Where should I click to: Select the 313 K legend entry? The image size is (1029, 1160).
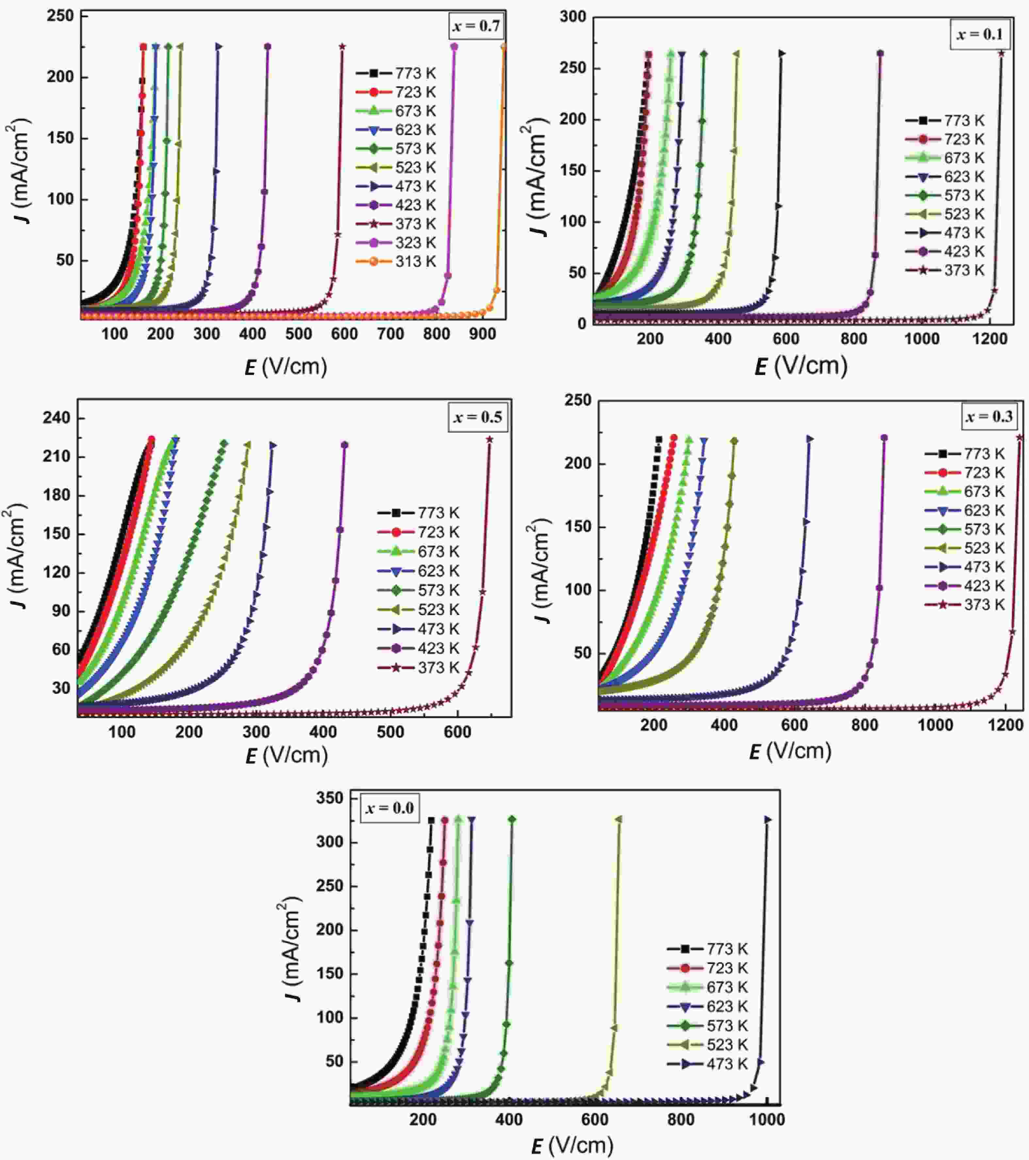click(x=396, y=262)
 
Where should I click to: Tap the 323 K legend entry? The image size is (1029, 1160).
click(x=396, y=243)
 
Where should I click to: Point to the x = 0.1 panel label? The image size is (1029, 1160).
click(x=979, y=35)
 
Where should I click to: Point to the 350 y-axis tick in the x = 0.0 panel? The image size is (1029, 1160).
click(x=330, y=798)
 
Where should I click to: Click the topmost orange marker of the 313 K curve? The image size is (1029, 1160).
click(x=503, y=46)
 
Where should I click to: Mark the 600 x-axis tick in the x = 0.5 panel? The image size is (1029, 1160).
click(x=457, y=732)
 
